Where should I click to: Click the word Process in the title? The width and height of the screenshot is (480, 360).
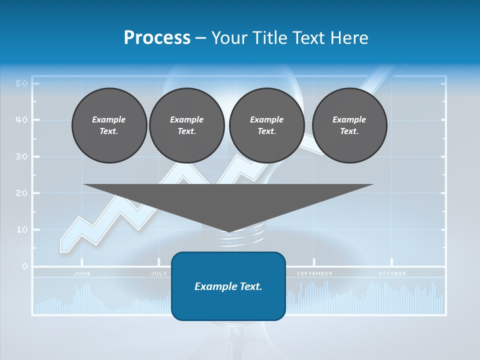coord(157,38)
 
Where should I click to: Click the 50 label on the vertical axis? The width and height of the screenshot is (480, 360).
coord(21,83)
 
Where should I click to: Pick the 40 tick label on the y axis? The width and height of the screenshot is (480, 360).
coord(21,120)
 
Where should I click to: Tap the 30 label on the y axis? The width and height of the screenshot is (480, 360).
coord(21,156)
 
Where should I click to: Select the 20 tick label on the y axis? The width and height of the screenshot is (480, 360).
coord(21,193)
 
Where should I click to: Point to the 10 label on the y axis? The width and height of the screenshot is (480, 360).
coord(21,230)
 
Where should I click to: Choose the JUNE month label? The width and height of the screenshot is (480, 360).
coord(82,273)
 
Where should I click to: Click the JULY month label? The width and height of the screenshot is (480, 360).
coord(159,273)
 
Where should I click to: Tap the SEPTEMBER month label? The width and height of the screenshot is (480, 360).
coord(314,273)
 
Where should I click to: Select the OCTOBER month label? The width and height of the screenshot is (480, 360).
coord(392,273)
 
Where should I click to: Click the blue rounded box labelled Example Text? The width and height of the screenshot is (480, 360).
coord(228,286)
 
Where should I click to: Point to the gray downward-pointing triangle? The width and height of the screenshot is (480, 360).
coord(228,202)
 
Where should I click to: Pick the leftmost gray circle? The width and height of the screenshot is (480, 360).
coord(109,125)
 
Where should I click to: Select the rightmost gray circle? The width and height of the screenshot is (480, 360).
coord(349,125)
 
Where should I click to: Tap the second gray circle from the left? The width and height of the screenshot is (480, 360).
coord(186,125)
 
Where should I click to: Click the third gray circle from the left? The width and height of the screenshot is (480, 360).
coord(266,125)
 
